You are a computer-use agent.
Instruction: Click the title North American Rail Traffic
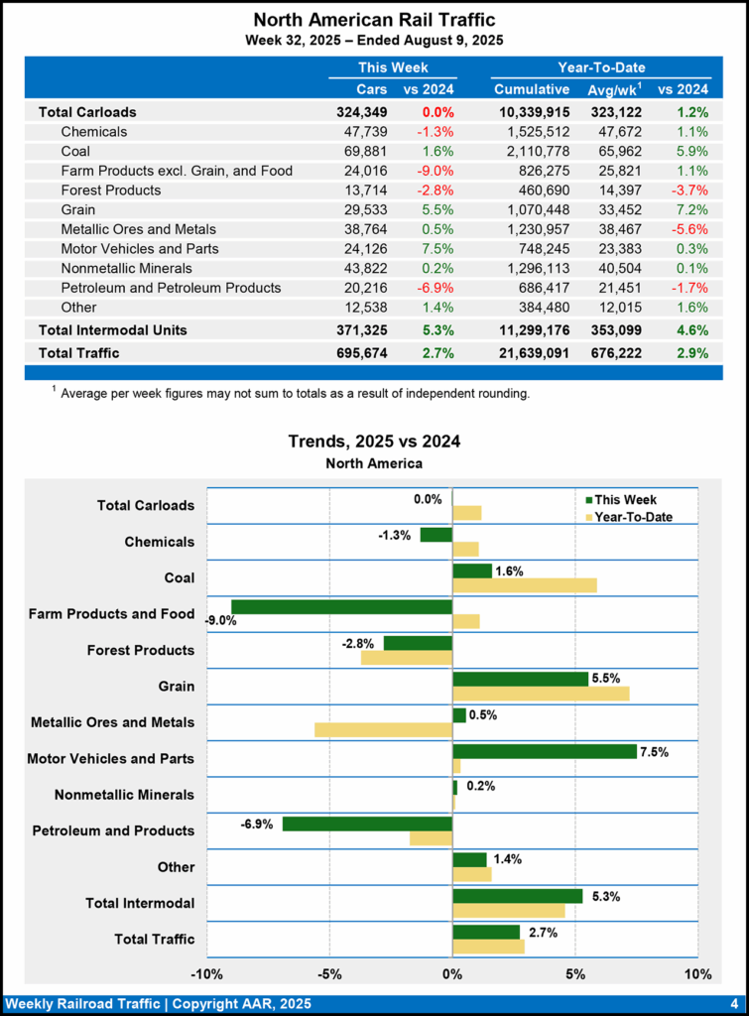pyautogui.click(x=374, y=20)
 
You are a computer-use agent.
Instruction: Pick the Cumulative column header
pyautogui.click(x=532, y=90)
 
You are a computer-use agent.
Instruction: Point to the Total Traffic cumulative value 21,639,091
pyautogui.click(x=532, y=352)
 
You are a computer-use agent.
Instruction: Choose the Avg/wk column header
pyautogui.click(x=613, y=90)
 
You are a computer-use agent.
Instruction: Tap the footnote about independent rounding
pyautogui.click(x=295, y=394)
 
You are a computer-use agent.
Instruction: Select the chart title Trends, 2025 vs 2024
pyautogui.click(x=374, y=442)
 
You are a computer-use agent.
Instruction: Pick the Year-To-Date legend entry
pyautogui.click(x=629, y=516)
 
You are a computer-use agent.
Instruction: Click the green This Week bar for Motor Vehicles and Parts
pyautogui.click(x=544, y=751)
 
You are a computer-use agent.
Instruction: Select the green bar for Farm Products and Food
pyautogui.click(x=341, y=606)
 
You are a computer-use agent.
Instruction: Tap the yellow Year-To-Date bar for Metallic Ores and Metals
pyautogui.click(x=383, y=729)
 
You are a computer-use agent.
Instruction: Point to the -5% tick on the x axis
pyautogui.click(x=329, y=974)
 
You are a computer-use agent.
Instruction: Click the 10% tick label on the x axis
pyautogui.click(x=697, y=974)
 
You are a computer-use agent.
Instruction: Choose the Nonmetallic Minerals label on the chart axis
pyautogui.click(x=124, y=795)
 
